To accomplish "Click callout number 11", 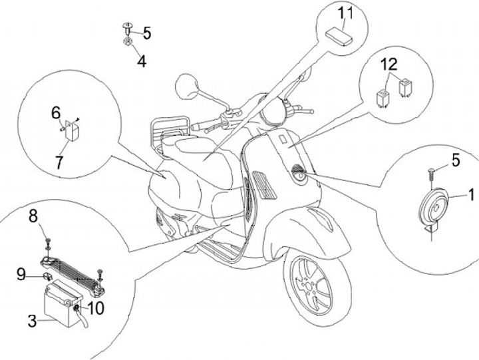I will [345, 13].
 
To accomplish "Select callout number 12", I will [389, 64].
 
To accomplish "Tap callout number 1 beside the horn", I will [471, 195].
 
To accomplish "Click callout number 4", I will [141, 61].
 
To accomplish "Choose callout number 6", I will [56, 114].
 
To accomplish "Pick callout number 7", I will [60, 162].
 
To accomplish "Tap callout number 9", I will [21, 273].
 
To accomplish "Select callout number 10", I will [96, 307].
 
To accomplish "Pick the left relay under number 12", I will [384, 96].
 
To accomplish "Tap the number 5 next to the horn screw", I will [456, 160].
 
